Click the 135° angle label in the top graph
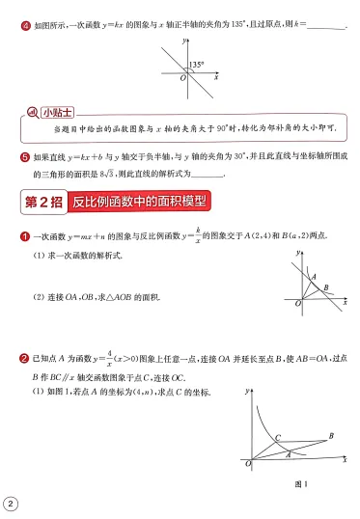click(x=197, y=65)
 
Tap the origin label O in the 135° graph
click(x=183, y=78)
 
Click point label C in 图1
click(x=277, y=437)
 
